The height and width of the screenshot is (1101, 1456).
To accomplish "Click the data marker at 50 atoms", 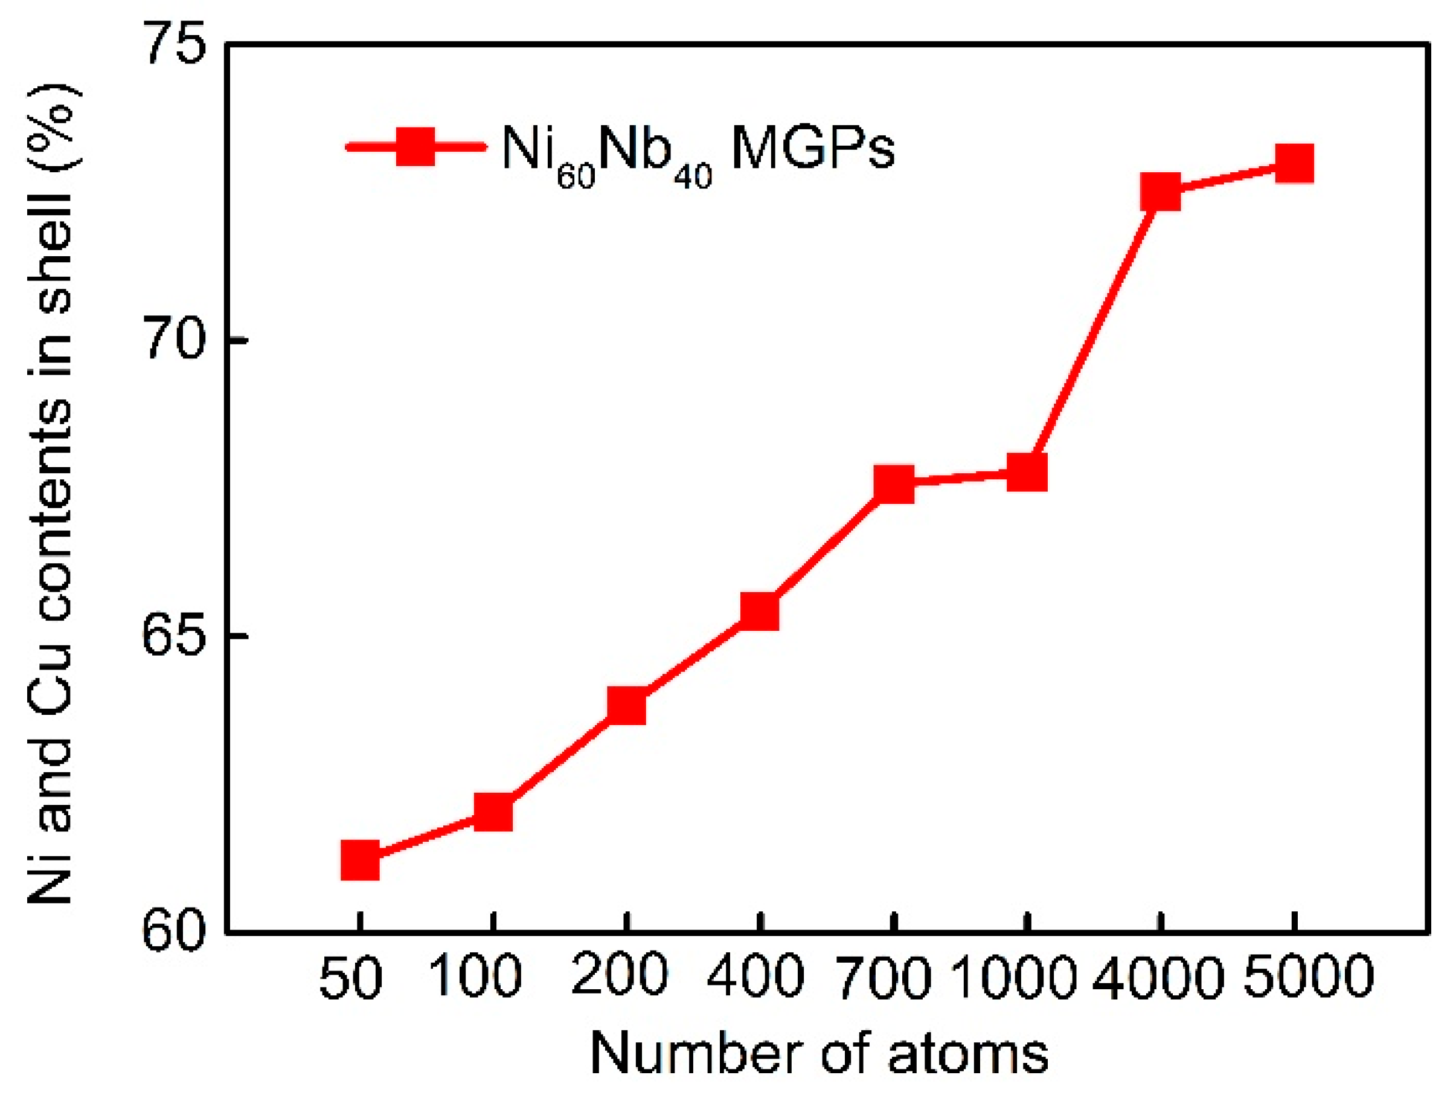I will coord(360,860).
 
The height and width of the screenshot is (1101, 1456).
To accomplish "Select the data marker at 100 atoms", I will coord(493,813).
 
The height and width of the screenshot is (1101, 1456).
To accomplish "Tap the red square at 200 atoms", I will coord(627,706).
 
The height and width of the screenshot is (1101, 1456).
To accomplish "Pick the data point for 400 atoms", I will coord(760,611).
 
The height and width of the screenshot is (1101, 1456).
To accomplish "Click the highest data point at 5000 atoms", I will coord(1294,164).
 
